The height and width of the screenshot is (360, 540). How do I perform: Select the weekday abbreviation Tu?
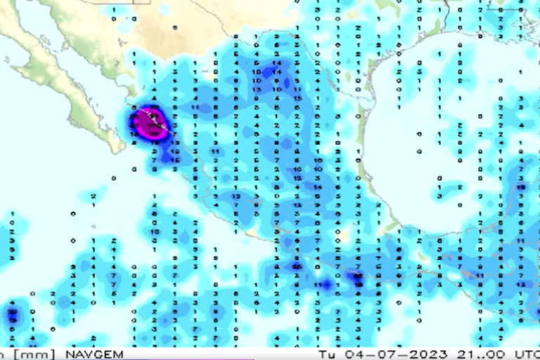click(325, 354)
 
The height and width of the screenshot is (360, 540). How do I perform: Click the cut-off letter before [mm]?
click(3, 354)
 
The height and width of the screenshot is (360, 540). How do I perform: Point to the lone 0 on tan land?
click(174, 28)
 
